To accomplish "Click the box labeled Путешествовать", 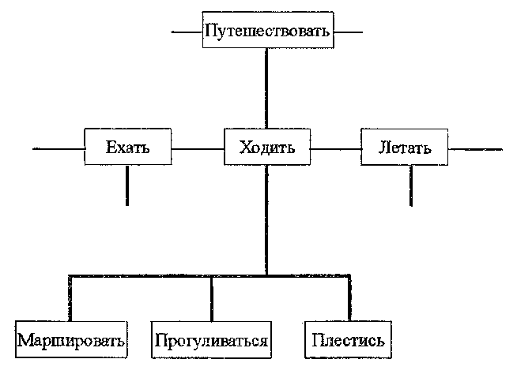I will click(x=266, y=32).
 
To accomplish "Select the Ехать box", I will click(x=127, y=147).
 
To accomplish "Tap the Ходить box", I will click(x=266, y=147).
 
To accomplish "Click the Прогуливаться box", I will click(x=211, y=341).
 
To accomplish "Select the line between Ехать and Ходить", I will click(x=197, y=148).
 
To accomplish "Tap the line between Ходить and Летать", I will click(x=335, y=148).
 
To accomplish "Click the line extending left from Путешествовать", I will click(x=187, y=33).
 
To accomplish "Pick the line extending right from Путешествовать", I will click(x=347, y=33).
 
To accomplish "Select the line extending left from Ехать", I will click(x=58, y=148).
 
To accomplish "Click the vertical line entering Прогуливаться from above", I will click(x=211, y=298).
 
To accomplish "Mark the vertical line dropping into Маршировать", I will click(x=70, y=298).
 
